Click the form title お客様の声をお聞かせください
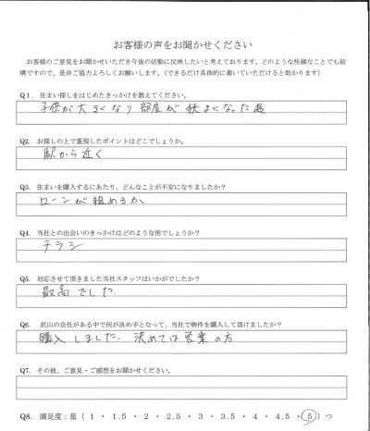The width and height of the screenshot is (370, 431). click(x=185, y=44)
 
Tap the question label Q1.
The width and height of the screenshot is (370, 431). click(x=25, y=96)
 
